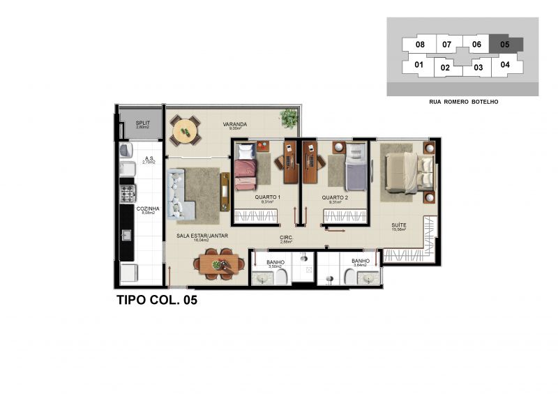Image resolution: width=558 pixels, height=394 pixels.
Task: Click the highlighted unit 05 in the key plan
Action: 505,45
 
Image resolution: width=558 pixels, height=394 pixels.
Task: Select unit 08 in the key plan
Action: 420,45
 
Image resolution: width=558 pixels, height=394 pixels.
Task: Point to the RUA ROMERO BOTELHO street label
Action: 463,102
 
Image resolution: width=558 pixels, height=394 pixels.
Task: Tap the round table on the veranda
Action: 185,130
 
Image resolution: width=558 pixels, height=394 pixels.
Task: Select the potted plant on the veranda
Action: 287,117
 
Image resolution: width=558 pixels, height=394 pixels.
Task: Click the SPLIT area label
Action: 142,123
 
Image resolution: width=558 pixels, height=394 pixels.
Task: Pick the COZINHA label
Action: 149,209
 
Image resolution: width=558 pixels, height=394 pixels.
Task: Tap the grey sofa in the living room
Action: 177,195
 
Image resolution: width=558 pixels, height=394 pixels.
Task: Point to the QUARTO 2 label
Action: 335,197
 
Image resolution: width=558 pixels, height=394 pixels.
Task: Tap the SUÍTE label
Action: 399,225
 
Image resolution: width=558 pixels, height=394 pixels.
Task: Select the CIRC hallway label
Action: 285,238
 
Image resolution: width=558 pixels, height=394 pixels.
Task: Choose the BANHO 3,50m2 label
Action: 276,264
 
